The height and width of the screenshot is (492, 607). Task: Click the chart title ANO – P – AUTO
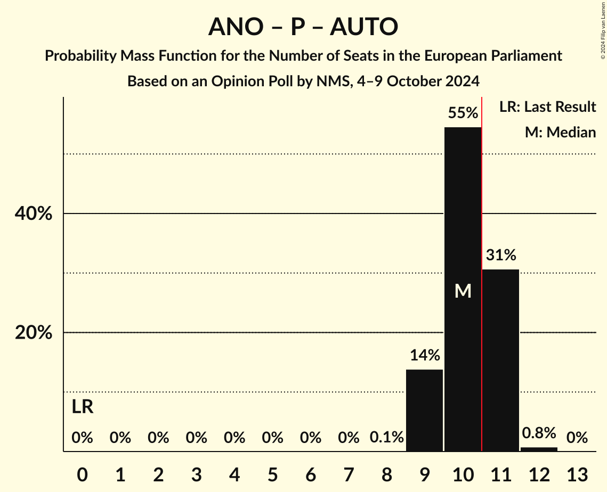pos(303,27)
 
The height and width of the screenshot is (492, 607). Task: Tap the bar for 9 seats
pos(424,410)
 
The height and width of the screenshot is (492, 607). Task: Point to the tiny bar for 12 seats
pos(539,449)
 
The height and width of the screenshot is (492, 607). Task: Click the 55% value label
pos(463,113)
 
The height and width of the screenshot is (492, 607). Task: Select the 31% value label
pos(500,256)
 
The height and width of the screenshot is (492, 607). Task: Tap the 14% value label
pos(424,355)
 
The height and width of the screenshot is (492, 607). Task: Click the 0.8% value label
pos(539,433)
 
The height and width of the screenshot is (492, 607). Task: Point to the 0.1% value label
pos(386,438)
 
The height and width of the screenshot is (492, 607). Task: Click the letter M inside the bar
pos(463,291)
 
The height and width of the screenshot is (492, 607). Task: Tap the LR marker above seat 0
pos(83,407)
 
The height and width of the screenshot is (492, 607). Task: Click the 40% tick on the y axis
pos(33,214)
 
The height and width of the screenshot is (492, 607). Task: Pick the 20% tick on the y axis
pos(33,333)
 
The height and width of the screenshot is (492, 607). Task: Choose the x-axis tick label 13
pos(577,474)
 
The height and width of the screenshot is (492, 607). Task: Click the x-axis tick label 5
pos(272,474)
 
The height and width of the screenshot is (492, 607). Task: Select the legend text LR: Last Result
pos(547,107)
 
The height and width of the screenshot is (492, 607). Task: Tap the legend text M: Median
pos(560,132)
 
